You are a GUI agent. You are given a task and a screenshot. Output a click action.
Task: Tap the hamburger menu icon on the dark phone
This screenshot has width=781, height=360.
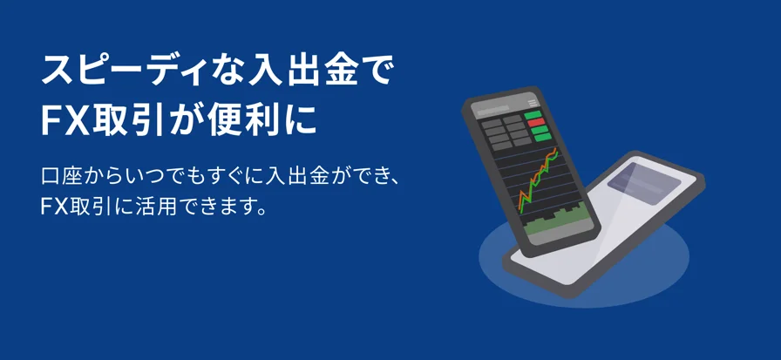point(533,103)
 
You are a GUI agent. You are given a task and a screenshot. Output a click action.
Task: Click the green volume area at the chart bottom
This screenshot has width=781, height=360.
point(557,222)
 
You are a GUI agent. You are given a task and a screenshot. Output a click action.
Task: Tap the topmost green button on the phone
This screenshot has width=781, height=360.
point(533,115)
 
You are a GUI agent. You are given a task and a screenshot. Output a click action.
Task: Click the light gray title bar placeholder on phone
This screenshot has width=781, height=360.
point(492,110)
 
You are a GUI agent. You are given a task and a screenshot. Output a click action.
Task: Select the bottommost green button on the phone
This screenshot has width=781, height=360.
point(541,137)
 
